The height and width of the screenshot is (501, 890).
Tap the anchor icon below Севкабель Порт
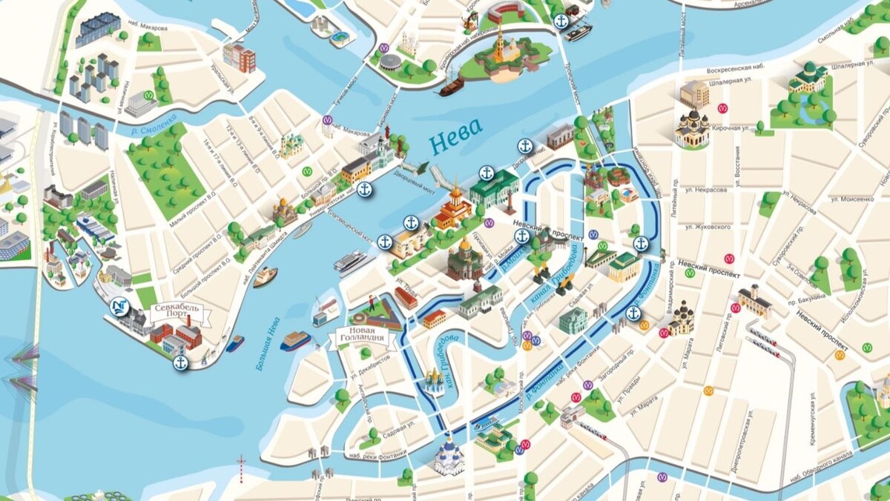[x=180, y=363]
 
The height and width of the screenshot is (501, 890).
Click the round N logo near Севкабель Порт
[x=116, y=305]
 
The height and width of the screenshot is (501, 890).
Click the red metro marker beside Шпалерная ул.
[x=722, y=107]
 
